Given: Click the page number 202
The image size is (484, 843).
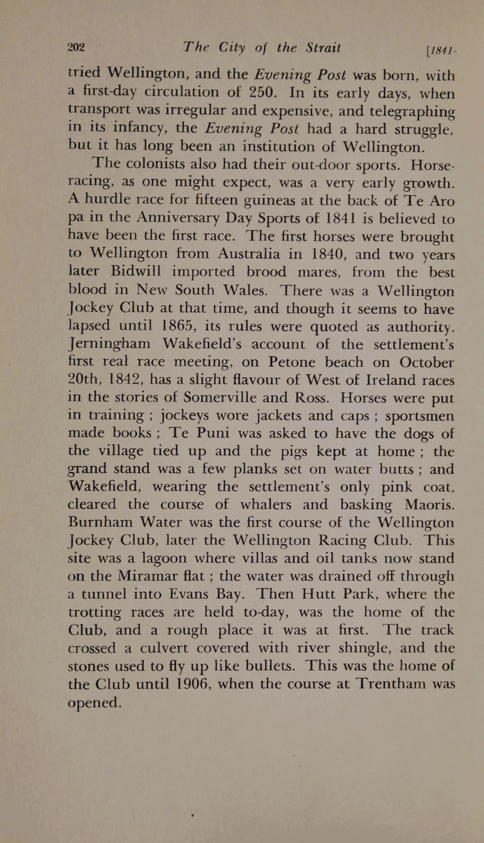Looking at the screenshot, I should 76,47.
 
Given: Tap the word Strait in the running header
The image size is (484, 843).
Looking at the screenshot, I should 323,47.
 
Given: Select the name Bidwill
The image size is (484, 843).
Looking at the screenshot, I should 136,271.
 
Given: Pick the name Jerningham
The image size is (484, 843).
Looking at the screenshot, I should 109,344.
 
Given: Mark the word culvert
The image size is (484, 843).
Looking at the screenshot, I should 166,648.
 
